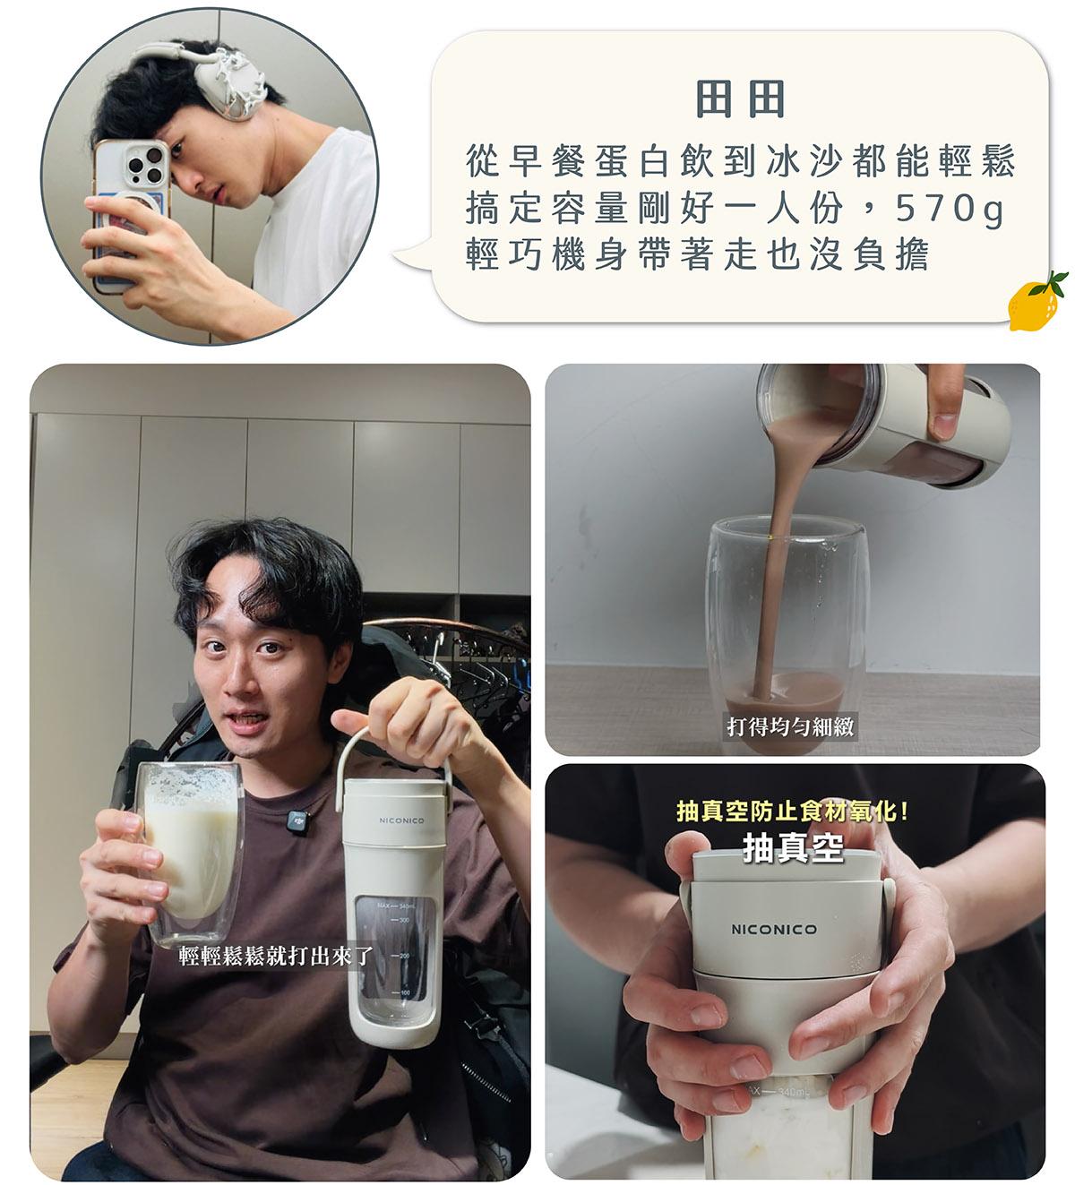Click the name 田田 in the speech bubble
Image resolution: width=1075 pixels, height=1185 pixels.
[x=740, y=99]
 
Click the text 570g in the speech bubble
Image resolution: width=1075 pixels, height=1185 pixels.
[x=948, y=209]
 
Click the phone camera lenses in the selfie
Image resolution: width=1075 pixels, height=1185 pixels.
[x=147, y=163]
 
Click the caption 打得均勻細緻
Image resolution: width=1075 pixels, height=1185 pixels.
[x=790, y=726]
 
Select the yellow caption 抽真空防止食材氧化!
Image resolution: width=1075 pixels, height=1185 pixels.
[x=791, y=811]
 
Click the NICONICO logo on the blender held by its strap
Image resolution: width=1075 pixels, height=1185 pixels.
[x=401, y=820]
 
